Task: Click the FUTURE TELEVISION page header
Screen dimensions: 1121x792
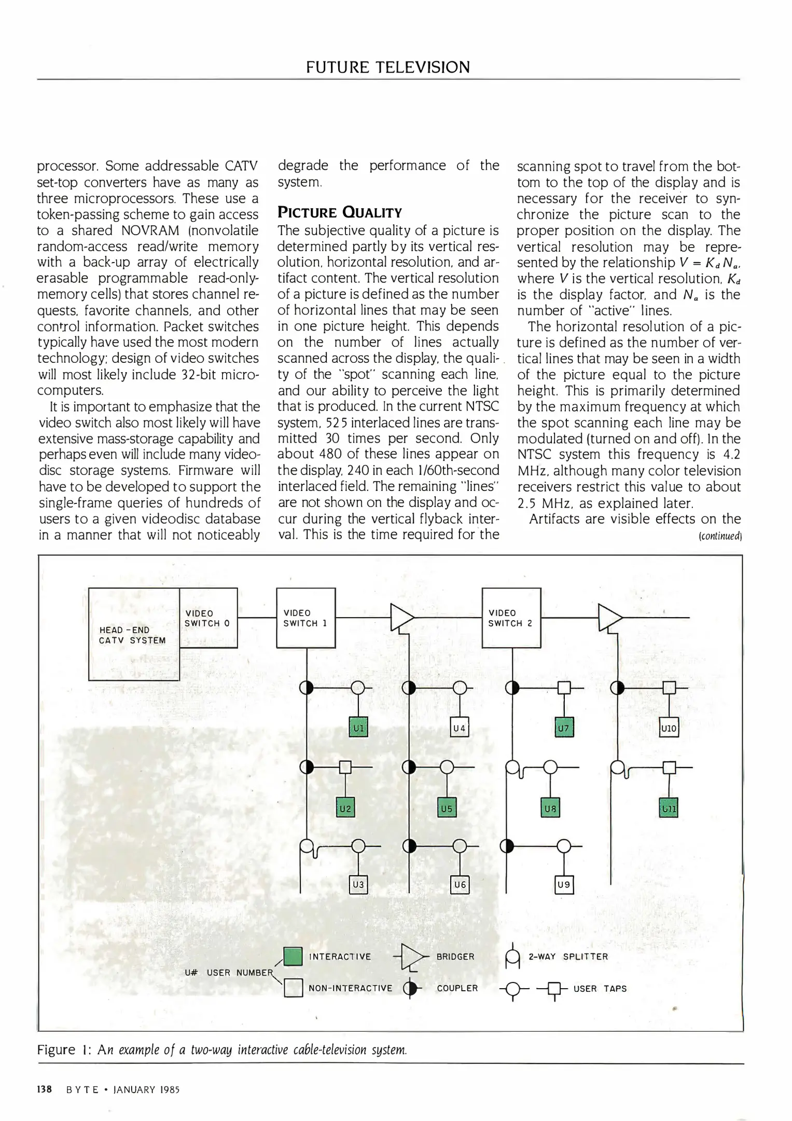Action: click(387, 67)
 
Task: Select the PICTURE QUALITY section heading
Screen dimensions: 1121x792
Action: click(340, 212)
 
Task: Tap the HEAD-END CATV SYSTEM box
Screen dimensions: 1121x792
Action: click(133, 634)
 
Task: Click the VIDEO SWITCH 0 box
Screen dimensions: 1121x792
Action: click(208, 618)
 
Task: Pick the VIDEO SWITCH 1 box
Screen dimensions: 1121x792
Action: click(305, 618)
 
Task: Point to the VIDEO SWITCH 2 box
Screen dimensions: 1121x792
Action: click(511, 618)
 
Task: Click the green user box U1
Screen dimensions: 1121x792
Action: click(358, 728)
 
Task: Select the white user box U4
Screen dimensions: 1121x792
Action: click(460, 728)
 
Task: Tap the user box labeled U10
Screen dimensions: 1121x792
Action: click(669, 728)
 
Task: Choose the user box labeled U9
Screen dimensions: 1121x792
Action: click(564, 884)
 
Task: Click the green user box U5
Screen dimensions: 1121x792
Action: click(447, 808)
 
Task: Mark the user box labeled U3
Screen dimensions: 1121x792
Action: click(358, 884)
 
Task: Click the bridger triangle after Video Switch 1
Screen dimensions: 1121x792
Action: click(401, 618)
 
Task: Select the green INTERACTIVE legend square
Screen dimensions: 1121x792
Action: click(293, 956)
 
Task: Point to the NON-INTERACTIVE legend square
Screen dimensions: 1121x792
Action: click(293, 988)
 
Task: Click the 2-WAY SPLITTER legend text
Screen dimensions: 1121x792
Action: click(568, 956)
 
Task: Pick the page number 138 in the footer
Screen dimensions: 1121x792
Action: click(45, 1089)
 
